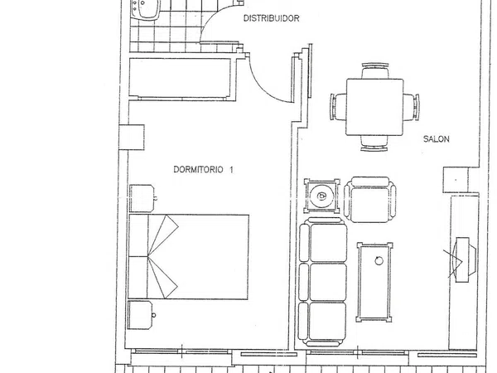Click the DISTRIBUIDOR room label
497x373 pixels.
pyautogui.click(x=272, y=18)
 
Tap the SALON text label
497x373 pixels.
pyautogui.click(x=437, y=139)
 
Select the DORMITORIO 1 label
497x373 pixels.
pyautogui.click(x=203, y=170)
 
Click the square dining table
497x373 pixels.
pyautogui.click(x=374, y=107)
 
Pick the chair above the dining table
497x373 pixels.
pyautogui.click(x=375, y=70)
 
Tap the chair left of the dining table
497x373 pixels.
pyautogui.click(x=338, y=107)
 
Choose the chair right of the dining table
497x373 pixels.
pyautogui.click(x=412, y=107)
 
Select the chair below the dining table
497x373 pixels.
pyautogui.click(x=374, y=143)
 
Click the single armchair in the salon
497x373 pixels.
pyautogui.click(x=370, y=200)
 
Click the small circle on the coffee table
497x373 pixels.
pyautogui.click(x=379, y=261)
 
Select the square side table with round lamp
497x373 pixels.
pyautogui.click(x=321, y=196)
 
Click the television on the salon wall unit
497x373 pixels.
pyautogui.click(x=465, y=259)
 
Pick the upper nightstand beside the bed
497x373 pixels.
pyautogui.click(x=142, y=198)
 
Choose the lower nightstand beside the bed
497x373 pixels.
pyautogui.click(x=140, y=315)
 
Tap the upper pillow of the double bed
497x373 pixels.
pyautogui.click(x=138, y=235)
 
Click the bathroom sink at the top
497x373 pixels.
pyautogui.click(x=145, y=9)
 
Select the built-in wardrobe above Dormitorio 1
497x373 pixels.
pyautogui.click(x=180, y=79)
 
